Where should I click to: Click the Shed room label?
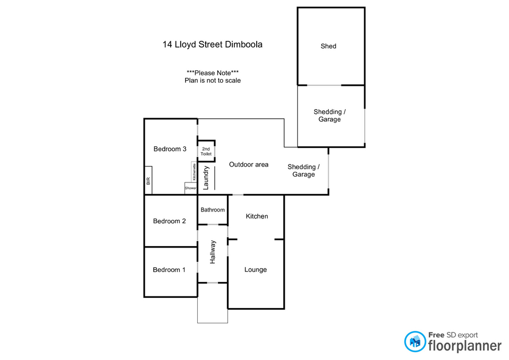tap(328, 46)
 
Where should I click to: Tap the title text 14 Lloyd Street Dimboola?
tap(212, 45)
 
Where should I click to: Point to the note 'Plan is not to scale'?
tap(212, 81)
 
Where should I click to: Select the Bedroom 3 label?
tap(170, 149)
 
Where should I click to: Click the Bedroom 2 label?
tap(169, 221)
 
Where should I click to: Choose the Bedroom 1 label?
tap(169, 270)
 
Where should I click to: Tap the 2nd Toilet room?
tap(206, 151)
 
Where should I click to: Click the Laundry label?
tap(206, 178)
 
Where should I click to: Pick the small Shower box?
tap(190, 188)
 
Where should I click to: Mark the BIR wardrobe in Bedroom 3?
tap(148, 181)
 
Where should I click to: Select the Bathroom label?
tap(213, 210)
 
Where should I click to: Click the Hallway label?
tap(213, 252)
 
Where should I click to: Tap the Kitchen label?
tap(257, 216)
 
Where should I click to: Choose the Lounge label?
tap(256, 270)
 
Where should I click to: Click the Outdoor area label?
tap(249, 164)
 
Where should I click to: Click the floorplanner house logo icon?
tap(415, 341)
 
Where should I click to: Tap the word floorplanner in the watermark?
tap(464, 346)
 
